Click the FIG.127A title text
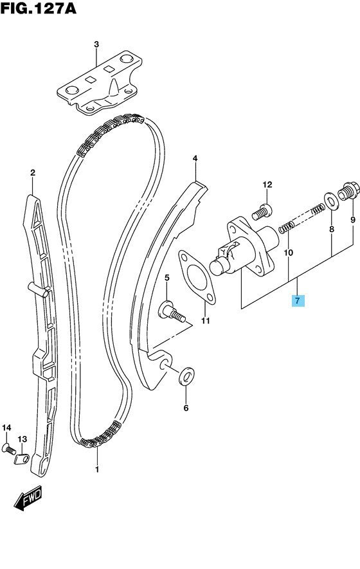click(x=39, y=8)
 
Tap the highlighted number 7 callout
click(x=298, y=300)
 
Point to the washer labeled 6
click(x=186, y=377)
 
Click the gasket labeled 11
click(x=197, y=276)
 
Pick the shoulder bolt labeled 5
click(x=171, y=312)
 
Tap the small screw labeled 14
click(x=9, y=449)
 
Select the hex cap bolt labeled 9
click(x=348, y=191)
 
